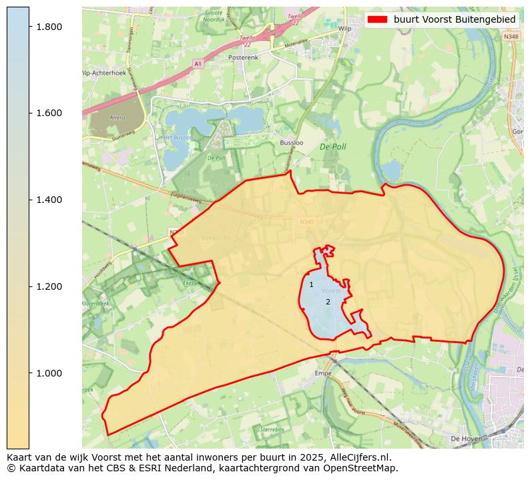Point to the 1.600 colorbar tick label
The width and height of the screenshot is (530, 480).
click(48, 113)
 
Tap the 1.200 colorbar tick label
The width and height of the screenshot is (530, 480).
click(48, 286)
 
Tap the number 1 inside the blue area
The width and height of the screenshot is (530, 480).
click(311, 285)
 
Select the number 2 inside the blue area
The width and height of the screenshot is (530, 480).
click(328, 302)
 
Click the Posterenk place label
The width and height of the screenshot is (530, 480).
click(244, 58)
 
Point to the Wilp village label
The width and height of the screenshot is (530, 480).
click(344, 29)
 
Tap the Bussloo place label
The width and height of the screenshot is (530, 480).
click(292, 143)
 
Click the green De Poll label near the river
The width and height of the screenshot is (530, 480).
click(332, 146)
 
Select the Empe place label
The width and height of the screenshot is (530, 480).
click(323, 374)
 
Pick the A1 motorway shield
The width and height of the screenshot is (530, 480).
click(198, 63)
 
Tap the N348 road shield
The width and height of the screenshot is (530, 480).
click(511, 37)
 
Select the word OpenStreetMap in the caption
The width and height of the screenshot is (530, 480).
click(364, 468)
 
